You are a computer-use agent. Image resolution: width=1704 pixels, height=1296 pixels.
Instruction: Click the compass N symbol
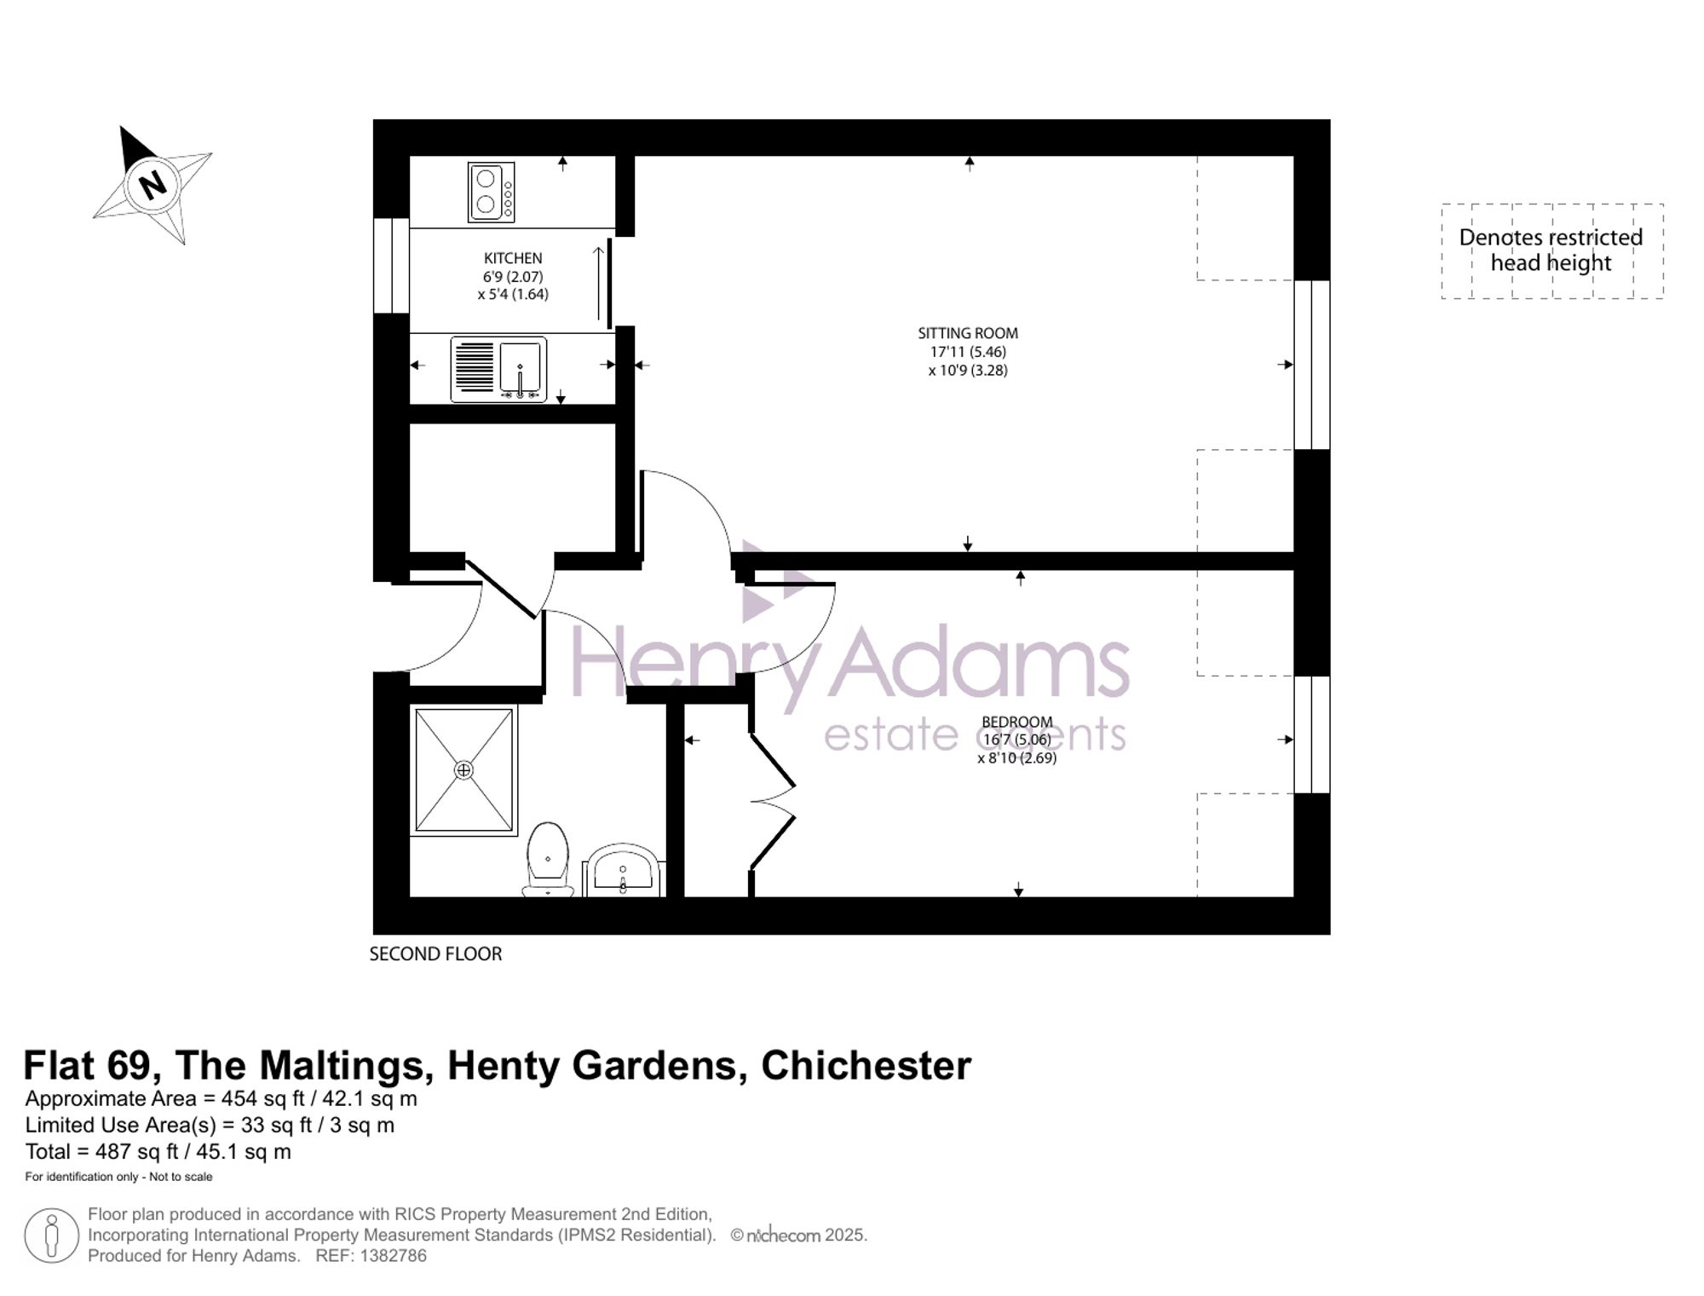[x=153, y=183]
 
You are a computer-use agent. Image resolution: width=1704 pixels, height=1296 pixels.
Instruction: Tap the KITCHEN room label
[x=513, y=258]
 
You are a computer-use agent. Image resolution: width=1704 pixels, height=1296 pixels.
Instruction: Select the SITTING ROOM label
[x=968, y=333]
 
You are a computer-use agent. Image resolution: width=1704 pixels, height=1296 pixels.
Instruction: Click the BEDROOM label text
[x=1017, y=722]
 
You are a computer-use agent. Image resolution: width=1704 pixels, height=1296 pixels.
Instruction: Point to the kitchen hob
[x=491, y=193]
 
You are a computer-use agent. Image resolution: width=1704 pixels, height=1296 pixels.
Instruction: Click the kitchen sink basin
[x=521, y=368]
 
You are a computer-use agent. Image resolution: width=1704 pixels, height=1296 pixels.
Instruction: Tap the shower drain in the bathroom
[x=463, y=770]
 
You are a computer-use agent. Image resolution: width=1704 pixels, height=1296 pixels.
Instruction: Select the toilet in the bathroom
[x=548, y=859]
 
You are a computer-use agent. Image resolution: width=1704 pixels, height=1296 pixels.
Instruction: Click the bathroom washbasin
[x=624, y=871]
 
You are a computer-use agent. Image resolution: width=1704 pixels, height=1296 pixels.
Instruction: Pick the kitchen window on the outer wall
[x=391, y=266]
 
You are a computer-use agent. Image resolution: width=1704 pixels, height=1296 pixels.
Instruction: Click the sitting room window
[x=1312, y=365]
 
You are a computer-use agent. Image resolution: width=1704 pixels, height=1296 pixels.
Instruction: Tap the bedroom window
[x=1312, y=734]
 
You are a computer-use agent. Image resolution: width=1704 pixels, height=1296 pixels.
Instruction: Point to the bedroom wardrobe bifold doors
[x=773, y=801]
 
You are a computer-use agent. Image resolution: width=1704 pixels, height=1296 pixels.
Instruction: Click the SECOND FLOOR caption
[x=435, y=954]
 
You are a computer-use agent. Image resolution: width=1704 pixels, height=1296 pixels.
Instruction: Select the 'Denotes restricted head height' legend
[x=1551, y=251]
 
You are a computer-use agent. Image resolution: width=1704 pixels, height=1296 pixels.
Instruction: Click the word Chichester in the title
[x=866, y=1065]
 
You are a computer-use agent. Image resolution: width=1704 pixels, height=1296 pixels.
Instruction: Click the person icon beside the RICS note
[x=52, y=1236]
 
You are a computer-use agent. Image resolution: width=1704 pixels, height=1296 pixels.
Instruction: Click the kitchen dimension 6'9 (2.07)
[x=513, y=277]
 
